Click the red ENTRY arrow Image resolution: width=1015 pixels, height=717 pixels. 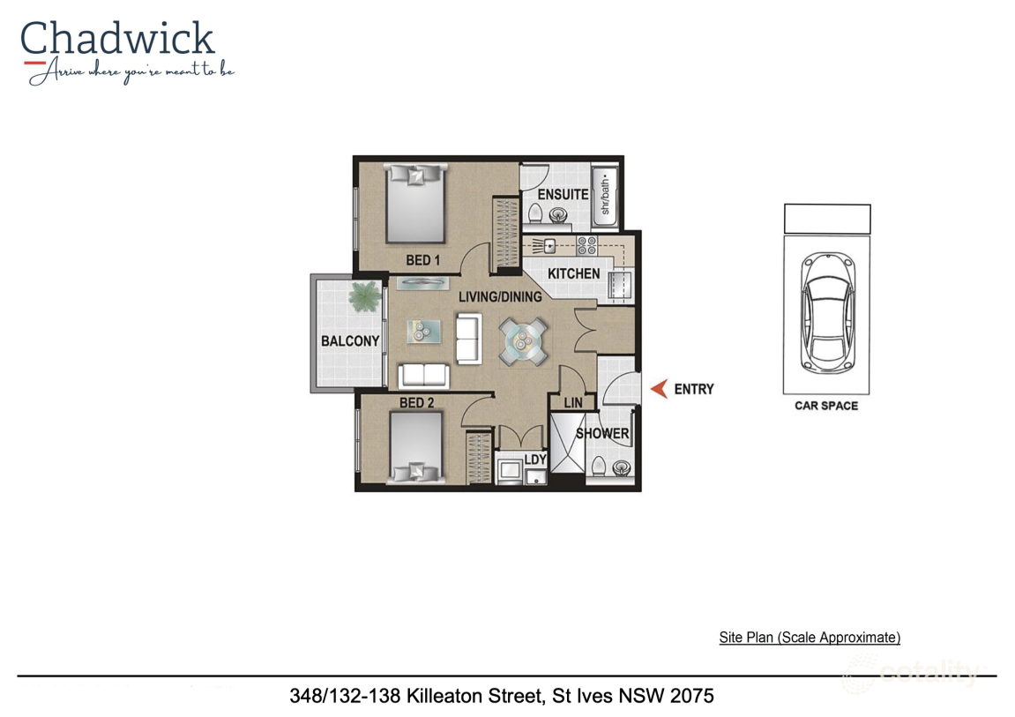click(659, 389)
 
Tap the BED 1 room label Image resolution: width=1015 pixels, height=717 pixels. click(423, 260)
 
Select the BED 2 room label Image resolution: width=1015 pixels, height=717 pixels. click(417, 403)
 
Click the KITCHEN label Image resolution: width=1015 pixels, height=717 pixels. click(573, 273)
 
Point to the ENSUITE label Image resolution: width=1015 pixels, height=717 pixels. click(563, 194)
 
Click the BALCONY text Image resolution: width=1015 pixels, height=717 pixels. click(350, 341)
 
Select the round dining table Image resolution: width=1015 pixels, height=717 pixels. click(522, 340)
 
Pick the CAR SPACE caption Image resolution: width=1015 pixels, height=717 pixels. click(826, 406)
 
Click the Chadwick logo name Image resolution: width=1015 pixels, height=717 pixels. click(117, 39)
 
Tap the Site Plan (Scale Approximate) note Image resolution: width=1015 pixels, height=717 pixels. click(810, 638)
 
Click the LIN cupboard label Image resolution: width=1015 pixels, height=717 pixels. click(573, 403)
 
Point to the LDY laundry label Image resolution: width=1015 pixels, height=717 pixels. click(534, 459)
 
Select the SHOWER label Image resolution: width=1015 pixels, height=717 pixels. click(602, 434)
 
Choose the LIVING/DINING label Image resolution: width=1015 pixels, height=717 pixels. click(500, 297)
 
